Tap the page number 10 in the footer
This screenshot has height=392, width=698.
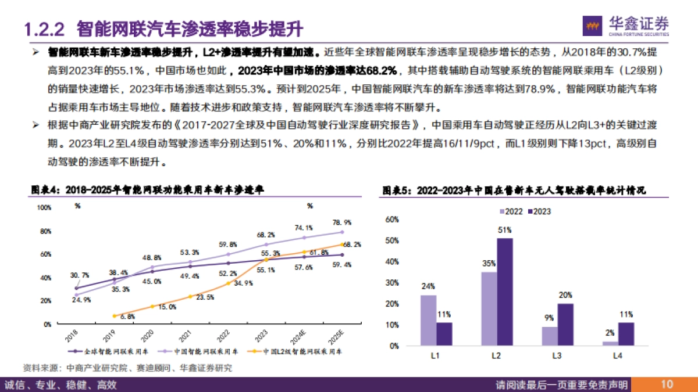coord(667,384)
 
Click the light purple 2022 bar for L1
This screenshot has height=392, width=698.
coord(428,320)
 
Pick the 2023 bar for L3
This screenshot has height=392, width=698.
coord(565,324)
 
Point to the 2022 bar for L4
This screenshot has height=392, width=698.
coord(610,343)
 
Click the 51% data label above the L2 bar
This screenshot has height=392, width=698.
coord(504,231)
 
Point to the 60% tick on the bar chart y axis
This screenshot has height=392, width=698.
coord(391,220)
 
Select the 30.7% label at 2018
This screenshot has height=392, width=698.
coord(80,275)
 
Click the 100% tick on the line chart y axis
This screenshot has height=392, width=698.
coord(44,207)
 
